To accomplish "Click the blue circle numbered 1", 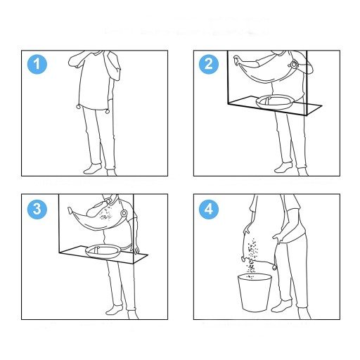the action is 37,64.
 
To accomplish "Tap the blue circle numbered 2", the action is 209,64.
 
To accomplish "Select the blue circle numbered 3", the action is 37,209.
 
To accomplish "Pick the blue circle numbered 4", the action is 209,209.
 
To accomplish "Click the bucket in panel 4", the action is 255,293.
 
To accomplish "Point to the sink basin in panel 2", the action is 275,102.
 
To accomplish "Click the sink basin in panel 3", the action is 103,251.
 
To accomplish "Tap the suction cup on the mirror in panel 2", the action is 293,64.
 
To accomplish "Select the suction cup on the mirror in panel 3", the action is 124,213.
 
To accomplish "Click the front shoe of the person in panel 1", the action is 93,169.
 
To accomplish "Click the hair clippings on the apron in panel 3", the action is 105,215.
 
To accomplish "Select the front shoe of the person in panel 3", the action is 115,309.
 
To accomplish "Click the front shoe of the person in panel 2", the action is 283,167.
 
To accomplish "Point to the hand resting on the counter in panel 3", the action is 136,249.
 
